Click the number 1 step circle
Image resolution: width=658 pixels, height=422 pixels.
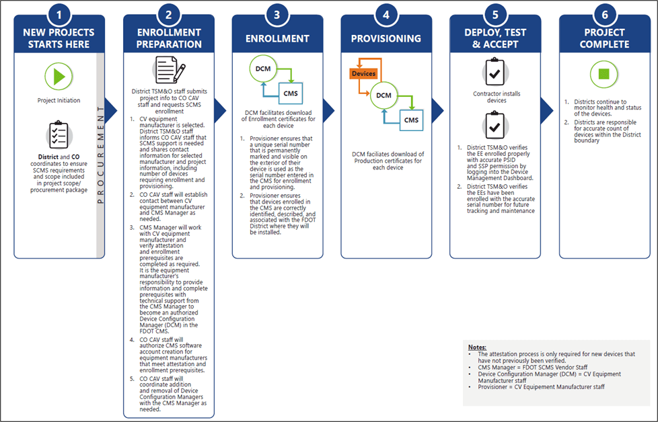click(x=59, y=15)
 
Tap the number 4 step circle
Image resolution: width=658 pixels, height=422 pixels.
click(x=386, y=15)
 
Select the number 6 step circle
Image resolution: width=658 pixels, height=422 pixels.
click(x=605, y=15)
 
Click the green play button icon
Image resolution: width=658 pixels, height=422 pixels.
click(x=59, y=77)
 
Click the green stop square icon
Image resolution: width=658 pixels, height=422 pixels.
click(x=604, y=74)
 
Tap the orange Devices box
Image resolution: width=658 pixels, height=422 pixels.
click(x=363, y=74)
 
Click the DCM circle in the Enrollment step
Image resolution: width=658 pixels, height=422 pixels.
click(x=263, y=69)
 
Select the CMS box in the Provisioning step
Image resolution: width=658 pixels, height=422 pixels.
click(x=411, y=120)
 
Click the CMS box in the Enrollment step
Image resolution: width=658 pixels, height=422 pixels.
click(x=291, y=93)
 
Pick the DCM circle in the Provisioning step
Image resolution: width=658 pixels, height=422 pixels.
click(x=383, y=95)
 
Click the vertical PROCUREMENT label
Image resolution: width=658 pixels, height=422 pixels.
click(x=100, y=155)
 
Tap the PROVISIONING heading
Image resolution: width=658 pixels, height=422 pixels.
click(x=386, y=38)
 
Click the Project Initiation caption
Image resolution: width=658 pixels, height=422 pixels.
click(x=59, y=101)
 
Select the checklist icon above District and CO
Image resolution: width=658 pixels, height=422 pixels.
click(x=59, y=135)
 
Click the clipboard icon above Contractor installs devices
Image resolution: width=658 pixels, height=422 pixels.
click(x=495, y=72)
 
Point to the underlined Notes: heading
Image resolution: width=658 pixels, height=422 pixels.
click(x=477, y=347)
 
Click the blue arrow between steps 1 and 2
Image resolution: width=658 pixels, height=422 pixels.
click(x=111, y=111)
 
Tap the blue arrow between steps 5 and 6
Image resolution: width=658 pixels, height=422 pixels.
click(x=547, y=111)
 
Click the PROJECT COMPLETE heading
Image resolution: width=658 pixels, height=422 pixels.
click(x=604, y=38)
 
